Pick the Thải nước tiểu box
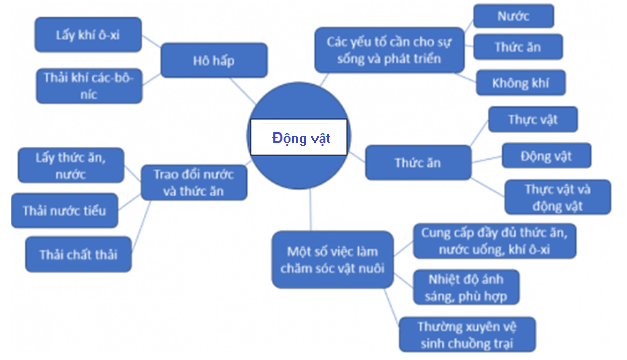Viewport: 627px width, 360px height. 62,211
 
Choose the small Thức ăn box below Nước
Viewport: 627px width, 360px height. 515,47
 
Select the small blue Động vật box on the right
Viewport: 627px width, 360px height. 545,156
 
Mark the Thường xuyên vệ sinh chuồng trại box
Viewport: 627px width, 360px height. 465,334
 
